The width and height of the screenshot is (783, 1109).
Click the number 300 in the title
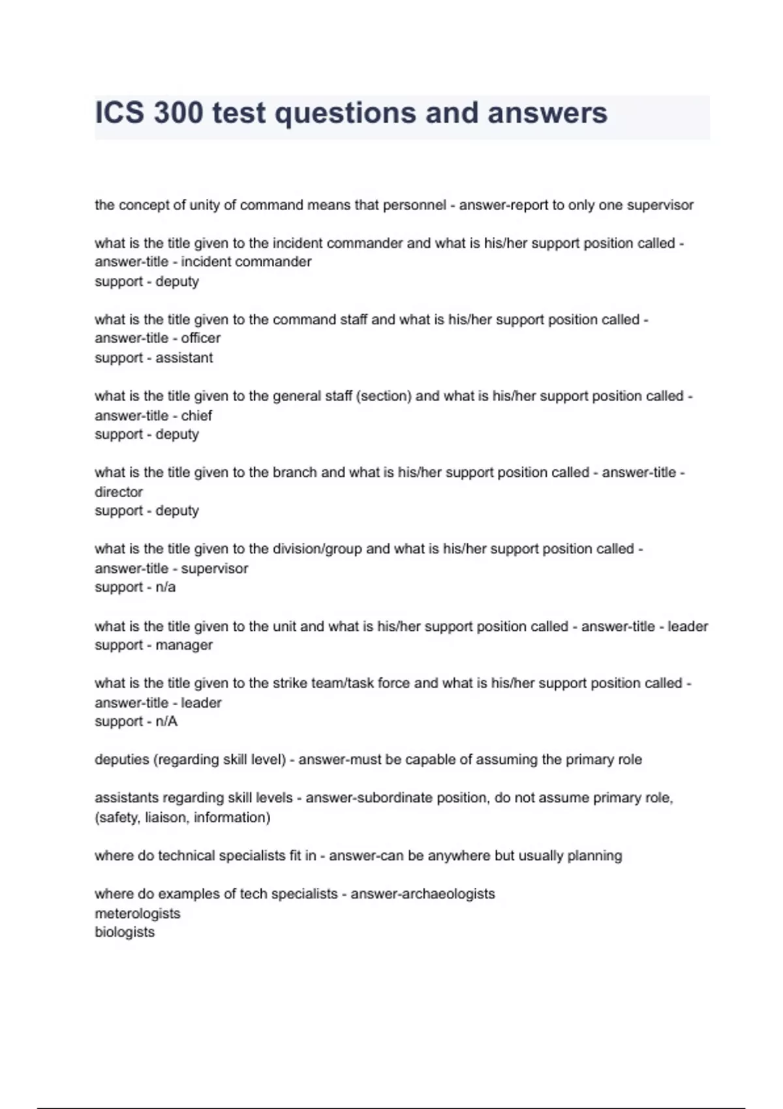tap(178, 113)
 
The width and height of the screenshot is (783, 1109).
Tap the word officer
tap(201, 339)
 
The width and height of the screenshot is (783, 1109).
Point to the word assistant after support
tap(184, 358)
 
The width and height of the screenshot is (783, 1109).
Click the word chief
tap(196, 416)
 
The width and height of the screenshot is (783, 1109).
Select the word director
tap(119, 492)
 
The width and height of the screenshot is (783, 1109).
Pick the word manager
tap(184, 645)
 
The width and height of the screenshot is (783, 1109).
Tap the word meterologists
tap(138, 913)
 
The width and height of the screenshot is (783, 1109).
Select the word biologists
tap(125, 932)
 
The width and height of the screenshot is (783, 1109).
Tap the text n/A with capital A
tap(166, 722)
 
